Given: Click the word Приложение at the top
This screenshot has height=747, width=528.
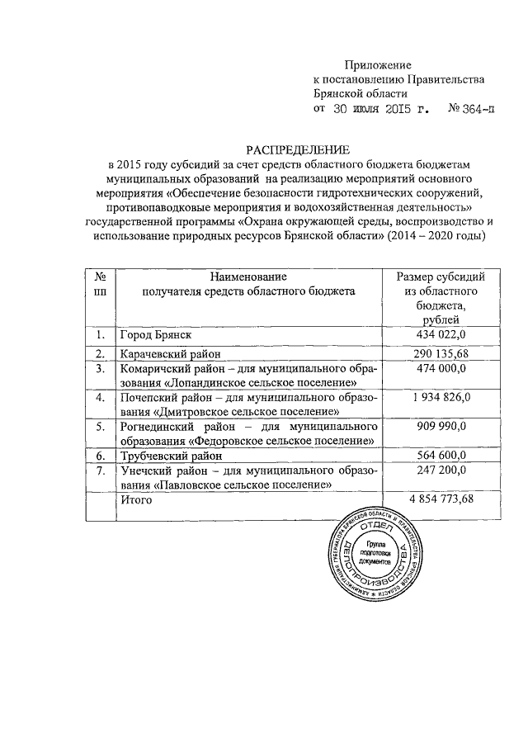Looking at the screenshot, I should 377,64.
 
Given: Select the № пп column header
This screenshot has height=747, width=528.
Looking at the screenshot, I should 99,284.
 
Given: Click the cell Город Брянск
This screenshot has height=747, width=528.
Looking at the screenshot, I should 156,335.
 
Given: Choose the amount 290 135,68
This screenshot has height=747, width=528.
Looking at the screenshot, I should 439,354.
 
